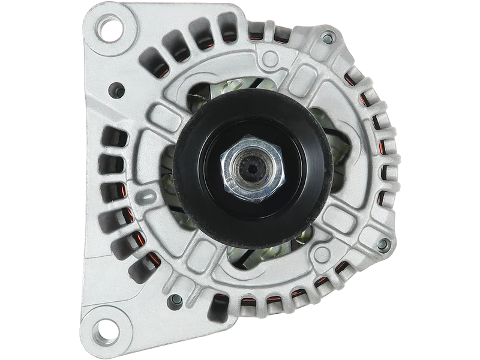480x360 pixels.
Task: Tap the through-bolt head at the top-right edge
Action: click(x=328, y=39)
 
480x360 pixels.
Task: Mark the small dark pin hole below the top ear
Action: click(x=112, y=93)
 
